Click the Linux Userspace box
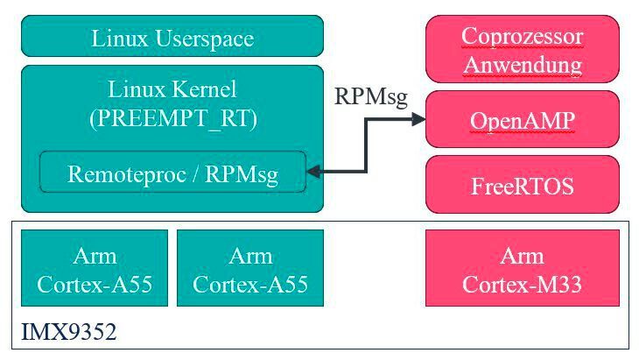click(x=172, y=39)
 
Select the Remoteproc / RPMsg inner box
click(x=172, y=173)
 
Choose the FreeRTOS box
click(x=522, y=185)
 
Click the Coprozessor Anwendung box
click(x=522, y=50)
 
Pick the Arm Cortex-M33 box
click(x=522, y=268)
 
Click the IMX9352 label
click(x=69, y=332)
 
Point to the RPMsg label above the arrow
click(x=372, y=97)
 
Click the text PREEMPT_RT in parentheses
click(x=172, y=117)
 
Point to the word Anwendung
click(x=522, y=64)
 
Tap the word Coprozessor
click(x=522, y=37)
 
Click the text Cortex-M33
click(x=522, y=284)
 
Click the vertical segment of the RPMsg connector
click(x=368, y=146)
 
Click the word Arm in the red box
click(x=522, y=256)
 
